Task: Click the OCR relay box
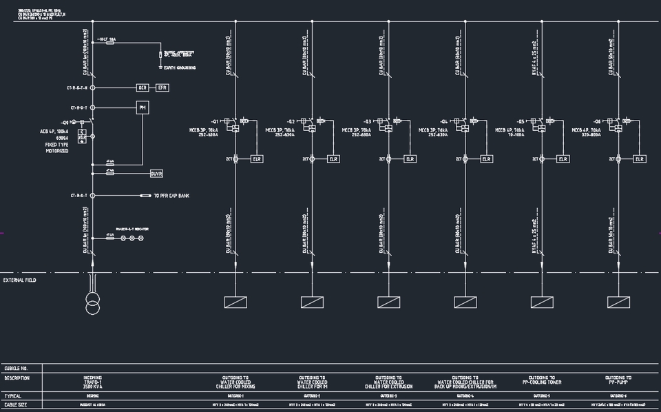[143, 87]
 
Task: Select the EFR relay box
[162, 87]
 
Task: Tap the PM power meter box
[143, 107]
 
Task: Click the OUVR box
[156, 174]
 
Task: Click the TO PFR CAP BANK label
[171, 196]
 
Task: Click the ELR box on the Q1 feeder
[257, 159]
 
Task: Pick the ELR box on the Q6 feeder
[640, 159]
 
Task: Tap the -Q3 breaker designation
[368, 121]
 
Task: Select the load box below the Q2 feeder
[312, 302]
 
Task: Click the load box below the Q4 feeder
[465, 302]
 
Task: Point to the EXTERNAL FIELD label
[20, 280]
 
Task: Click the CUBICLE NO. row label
[16, 369]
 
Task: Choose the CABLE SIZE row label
[15, 405]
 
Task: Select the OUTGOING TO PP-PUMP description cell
[619, 380]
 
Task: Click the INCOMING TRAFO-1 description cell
[92, 382]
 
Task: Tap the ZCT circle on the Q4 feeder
[465, 159]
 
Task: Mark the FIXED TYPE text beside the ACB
[56, 144]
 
